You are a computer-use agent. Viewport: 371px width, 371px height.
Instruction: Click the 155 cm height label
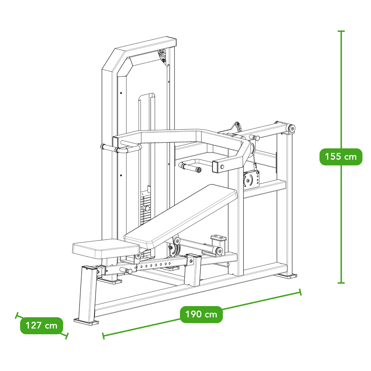click(x=341, y=157)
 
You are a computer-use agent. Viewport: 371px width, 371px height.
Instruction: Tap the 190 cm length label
click(x=201, y=315)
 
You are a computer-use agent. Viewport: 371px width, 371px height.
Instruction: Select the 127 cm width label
click(x=42, y=326)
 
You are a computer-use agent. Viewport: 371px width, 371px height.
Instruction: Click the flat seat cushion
click(x=106, y=249)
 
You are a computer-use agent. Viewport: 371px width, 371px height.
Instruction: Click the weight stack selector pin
click(x=147, y=209)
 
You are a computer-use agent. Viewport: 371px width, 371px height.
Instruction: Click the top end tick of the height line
click(x=341, y=31)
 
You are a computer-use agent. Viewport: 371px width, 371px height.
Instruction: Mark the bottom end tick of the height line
click(x=341, y=282)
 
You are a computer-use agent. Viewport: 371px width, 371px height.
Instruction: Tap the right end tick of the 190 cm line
click(x=301, y=292)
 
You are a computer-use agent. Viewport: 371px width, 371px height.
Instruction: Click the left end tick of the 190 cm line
click(x=104, y=336)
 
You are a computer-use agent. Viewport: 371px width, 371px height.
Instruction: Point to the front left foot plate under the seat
click(x=86, y=321)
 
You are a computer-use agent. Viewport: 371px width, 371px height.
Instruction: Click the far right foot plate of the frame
click(x=286, y=276)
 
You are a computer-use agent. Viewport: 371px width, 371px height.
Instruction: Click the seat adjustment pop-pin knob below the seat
click(x=126, y=270)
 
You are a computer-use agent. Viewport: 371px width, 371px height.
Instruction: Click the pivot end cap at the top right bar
click(x=292, y=129)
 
